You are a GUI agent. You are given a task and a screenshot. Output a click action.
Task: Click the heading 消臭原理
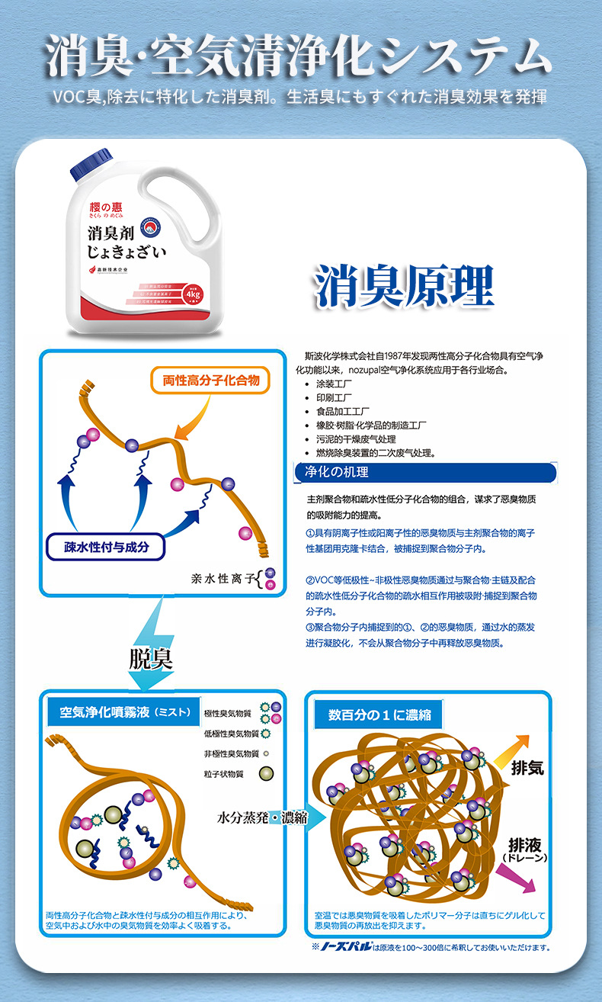point(405,286)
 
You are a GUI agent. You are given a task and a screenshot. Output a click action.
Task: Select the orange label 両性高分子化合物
point(212,380)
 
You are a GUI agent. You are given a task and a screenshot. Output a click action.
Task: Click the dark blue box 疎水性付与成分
point(106,546)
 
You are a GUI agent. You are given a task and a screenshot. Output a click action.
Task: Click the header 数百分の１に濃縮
point(379,715)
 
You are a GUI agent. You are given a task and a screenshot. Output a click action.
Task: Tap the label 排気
point(527,769)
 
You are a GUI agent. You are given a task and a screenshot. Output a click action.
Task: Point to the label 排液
point(525,845)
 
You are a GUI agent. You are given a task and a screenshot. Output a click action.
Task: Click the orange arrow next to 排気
point(511,750)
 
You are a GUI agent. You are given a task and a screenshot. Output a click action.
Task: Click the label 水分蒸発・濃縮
point(262,817)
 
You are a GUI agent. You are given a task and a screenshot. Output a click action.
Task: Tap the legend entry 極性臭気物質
point(229,714)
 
